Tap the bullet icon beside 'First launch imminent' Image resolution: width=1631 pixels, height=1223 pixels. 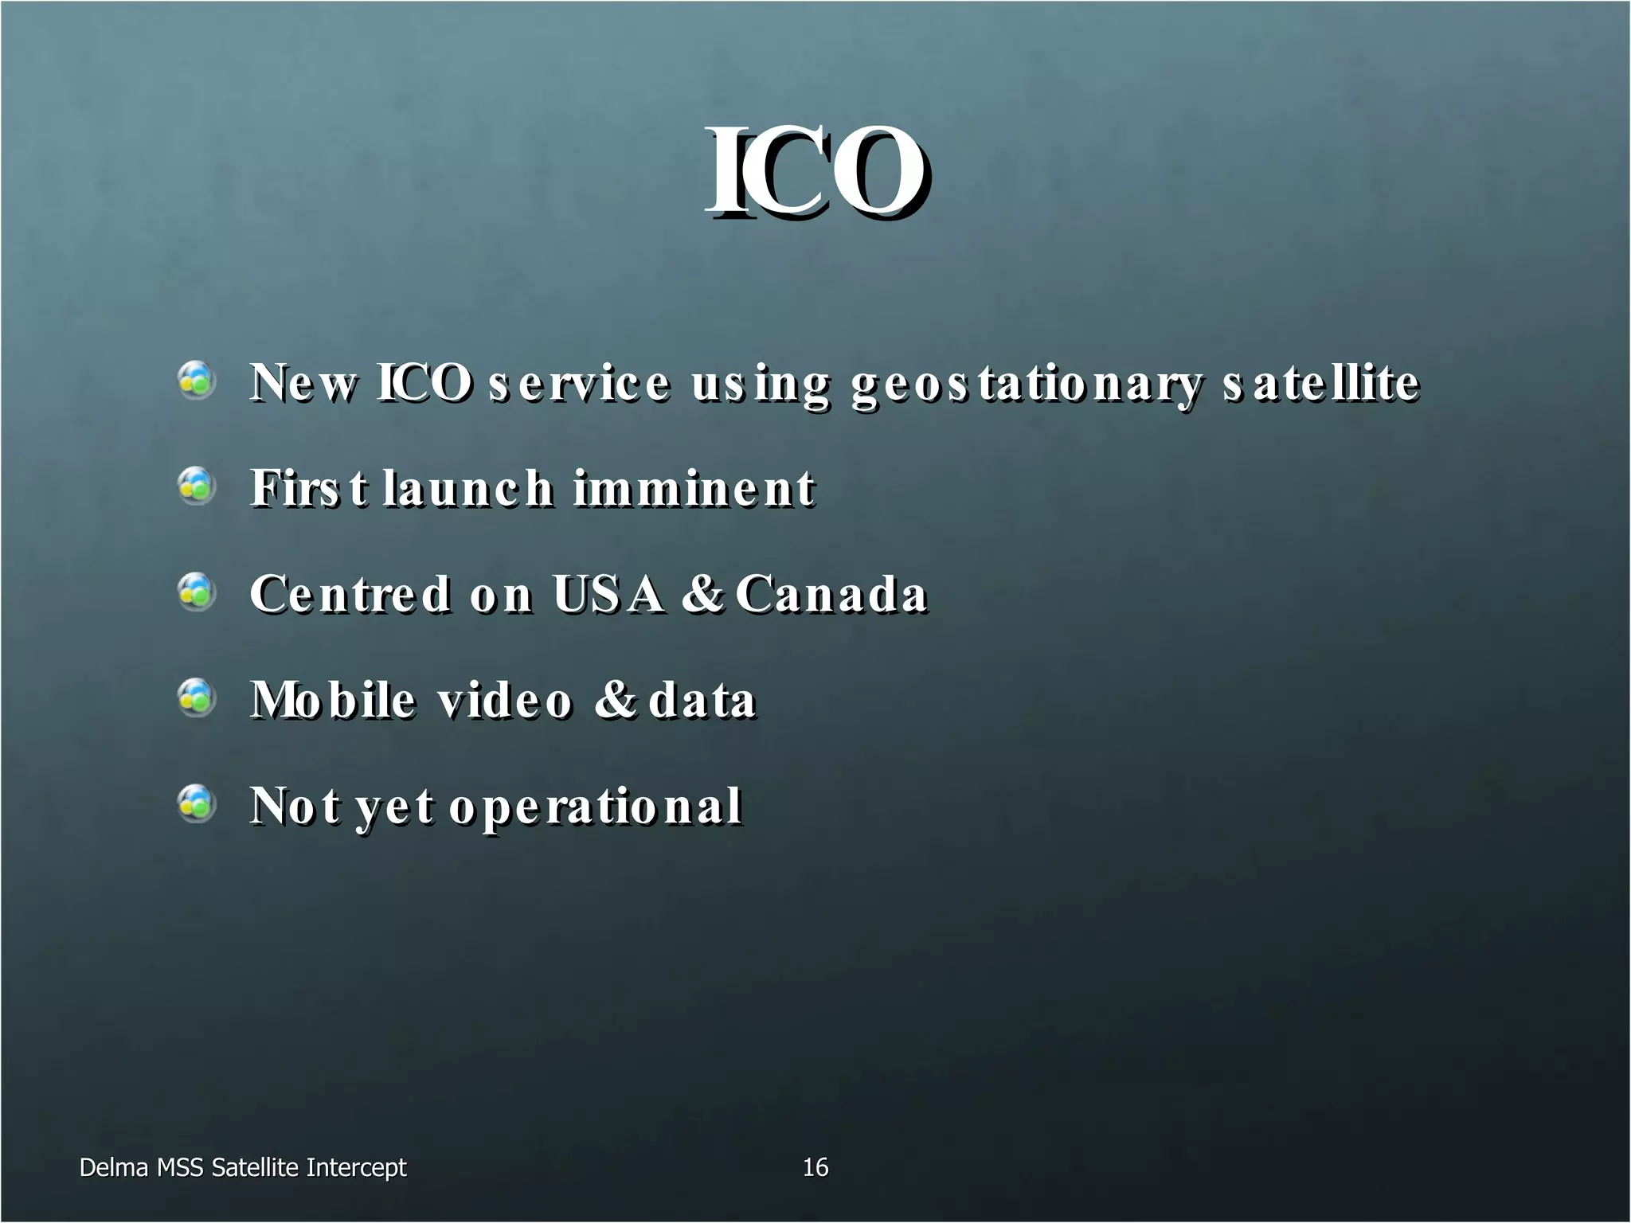point(196,486)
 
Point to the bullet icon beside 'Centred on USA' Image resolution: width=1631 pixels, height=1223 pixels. point(196,592)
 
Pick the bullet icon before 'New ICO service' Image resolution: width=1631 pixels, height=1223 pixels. point(196,380)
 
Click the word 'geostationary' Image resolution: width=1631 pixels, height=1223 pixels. point(1026,384)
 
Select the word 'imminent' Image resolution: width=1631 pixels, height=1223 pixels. point(694,488)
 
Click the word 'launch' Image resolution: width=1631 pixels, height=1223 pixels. point(467,488)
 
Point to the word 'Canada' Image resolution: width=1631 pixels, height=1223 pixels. point(831,594)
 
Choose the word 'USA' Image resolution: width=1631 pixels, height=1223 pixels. point(608,594)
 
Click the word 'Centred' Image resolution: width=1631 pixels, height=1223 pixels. point(350,594)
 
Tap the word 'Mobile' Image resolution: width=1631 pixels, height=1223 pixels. point(333,700)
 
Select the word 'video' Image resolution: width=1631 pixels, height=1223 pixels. point(505,700)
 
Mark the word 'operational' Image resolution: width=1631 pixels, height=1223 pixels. point(596,807)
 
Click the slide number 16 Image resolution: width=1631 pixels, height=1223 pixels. point(815,1167)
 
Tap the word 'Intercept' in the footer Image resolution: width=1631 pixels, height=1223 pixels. point(356,1168)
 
